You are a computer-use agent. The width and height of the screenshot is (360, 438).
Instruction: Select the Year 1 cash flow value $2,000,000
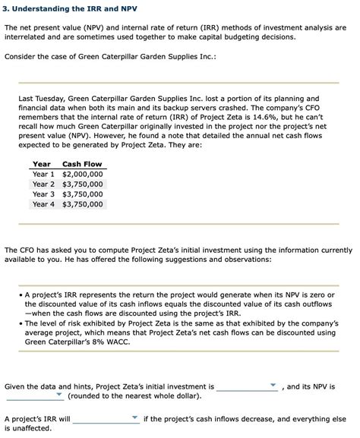pos(82,174)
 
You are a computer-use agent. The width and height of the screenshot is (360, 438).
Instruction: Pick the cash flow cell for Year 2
pos(82,184)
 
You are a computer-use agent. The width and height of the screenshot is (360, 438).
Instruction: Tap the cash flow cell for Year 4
pos(82,203)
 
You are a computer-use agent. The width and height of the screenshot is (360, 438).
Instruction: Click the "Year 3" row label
pos(43,194)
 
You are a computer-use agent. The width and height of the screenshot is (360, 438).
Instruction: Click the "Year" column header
pos(42,164)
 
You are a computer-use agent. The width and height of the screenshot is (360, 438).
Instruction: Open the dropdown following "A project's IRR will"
pos(106,418)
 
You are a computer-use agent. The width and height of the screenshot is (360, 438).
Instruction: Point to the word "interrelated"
pos(27,36)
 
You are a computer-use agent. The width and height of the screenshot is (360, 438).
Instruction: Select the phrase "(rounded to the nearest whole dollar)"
pos(134,395)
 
